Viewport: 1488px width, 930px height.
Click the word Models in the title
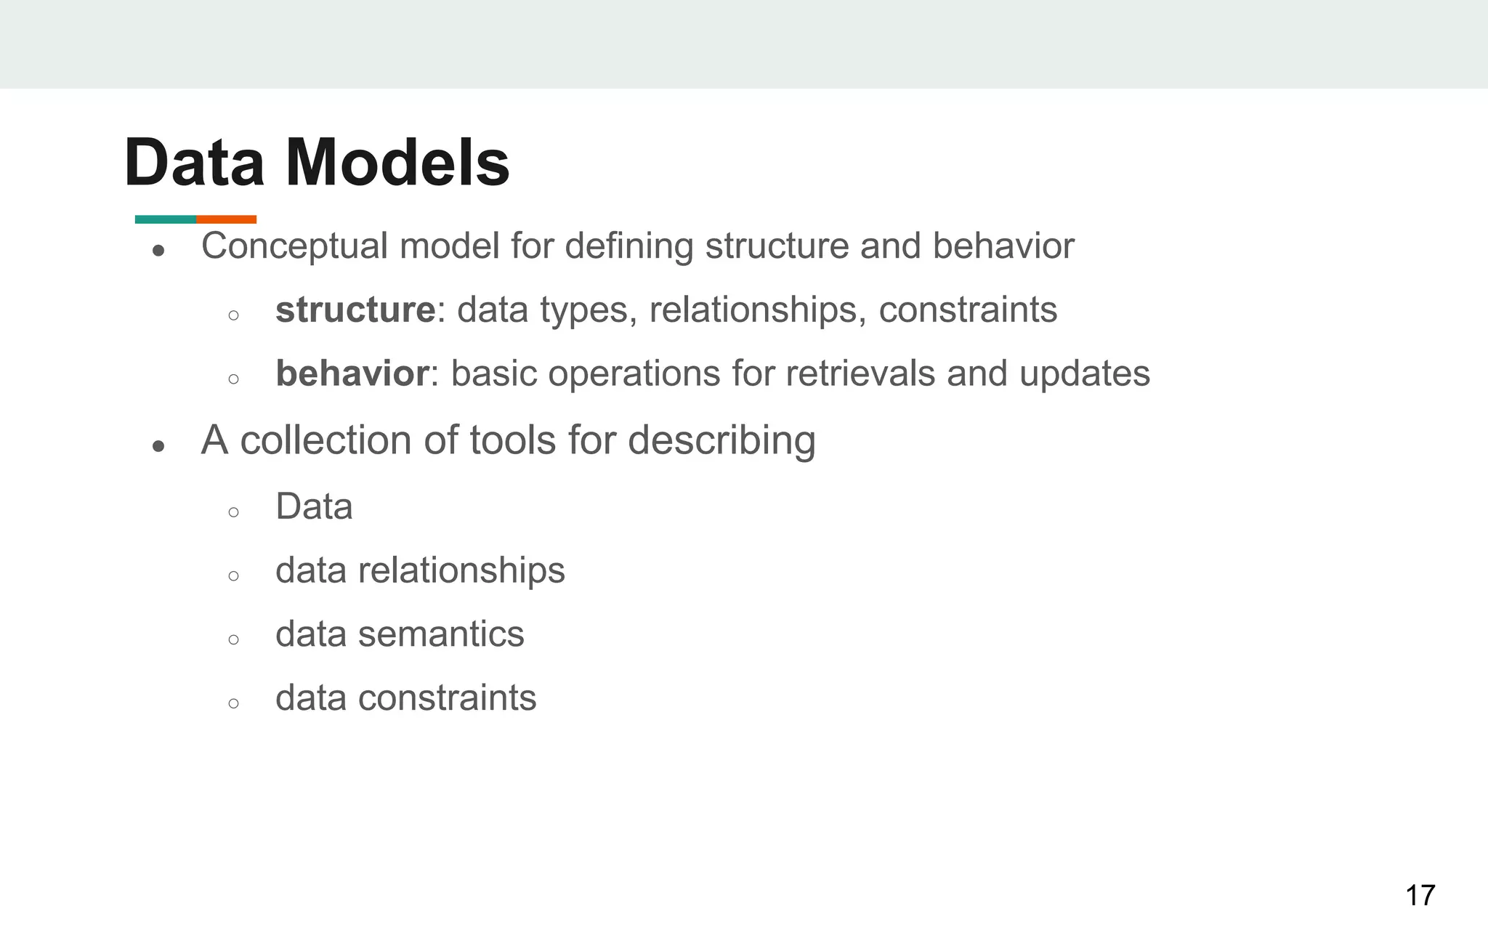coord(397,163)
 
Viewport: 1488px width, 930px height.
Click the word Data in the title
coord(194,163)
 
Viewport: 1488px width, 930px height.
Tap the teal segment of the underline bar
coord(166,219)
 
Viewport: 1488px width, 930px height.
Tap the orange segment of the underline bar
coord(227,219)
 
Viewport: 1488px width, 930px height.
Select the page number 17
coord(1420,895)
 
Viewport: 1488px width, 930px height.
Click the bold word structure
coord(355,310)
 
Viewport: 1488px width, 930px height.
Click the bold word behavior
coord(352,374)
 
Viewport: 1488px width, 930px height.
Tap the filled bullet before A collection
coord(159,446)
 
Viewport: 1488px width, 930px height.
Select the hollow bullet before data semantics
coord(233,639)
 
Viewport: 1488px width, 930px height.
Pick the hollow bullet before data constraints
coord(233,703)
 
